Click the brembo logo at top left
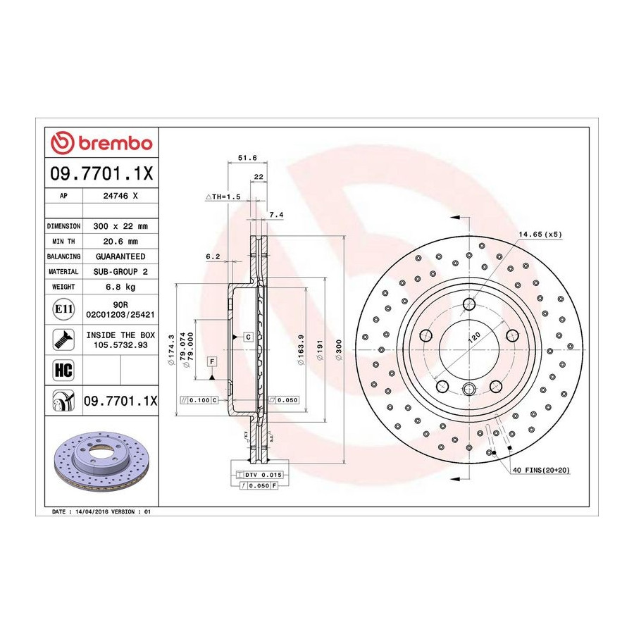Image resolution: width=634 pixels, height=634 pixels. [101, 143]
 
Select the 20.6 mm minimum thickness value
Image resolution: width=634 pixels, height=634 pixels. [120, 242]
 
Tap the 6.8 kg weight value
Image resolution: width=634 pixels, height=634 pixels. [120, 287]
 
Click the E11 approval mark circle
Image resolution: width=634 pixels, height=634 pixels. [63, 309]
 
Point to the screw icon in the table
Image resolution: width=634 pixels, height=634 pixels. [63, 340]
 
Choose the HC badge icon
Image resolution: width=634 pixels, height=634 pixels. [63, 370]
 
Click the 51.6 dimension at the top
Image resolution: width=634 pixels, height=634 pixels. [247, 158]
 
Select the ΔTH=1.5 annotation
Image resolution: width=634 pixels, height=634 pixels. [223, 197]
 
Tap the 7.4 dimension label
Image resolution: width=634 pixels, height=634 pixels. [276, 215]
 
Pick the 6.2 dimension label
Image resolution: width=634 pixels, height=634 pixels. [213, 256]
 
